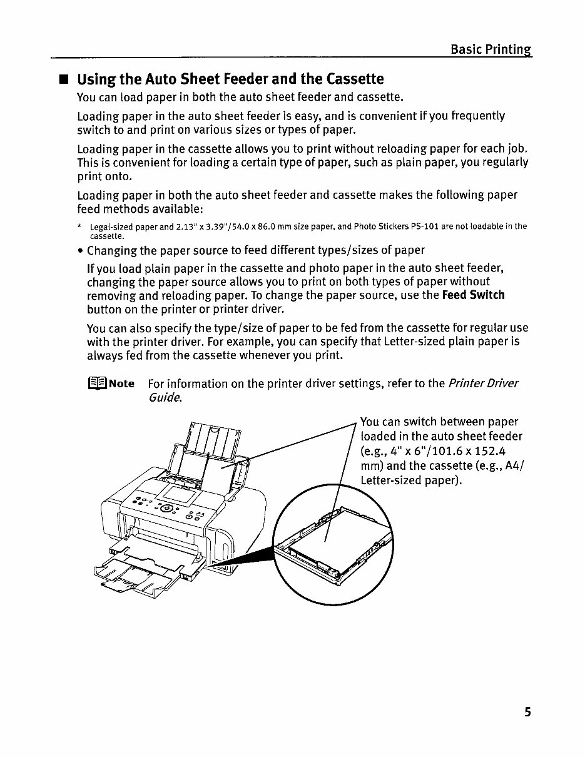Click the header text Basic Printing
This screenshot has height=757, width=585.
491,49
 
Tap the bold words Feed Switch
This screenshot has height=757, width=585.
473,295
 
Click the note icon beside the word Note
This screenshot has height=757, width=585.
98,384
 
